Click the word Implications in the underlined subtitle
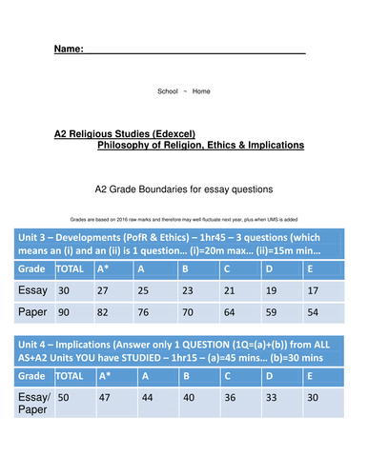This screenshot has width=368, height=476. pyautogui.click(x=269, y=146)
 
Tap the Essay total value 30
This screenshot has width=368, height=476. pyautogui.click(x=65, y=291)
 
